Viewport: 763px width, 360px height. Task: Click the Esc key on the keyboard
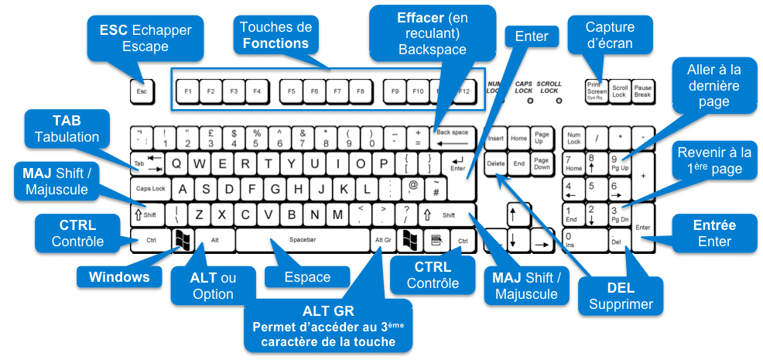point(142,91)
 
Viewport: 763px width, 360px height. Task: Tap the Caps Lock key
point(151,189)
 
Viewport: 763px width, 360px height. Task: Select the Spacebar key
point(302,241)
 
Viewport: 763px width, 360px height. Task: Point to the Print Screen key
point(595,91)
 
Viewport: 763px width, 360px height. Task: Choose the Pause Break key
point(643,91)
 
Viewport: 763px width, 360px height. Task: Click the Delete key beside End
point(495,164)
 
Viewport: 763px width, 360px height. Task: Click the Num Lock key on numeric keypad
point(573,138)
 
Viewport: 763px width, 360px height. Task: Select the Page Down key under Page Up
point(542,164)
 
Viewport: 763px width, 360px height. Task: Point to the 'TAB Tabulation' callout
point(66,129)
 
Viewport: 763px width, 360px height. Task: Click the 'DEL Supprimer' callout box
point(621,296)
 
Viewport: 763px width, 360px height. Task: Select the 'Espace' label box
point(307,277)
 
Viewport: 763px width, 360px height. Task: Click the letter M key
point(337,214)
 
